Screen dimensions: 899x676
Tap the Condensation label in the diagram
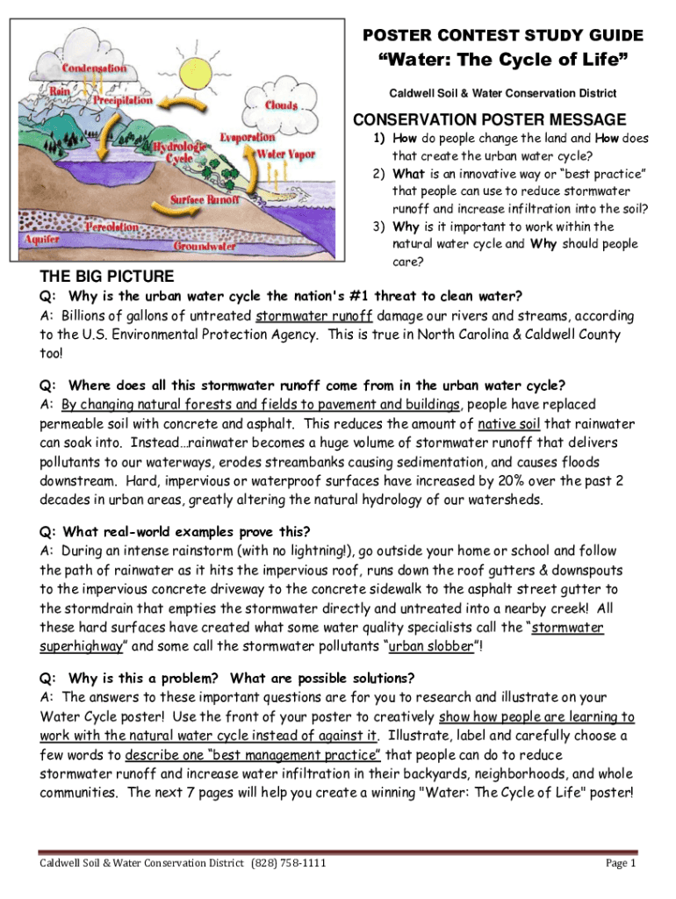tap(93, 68)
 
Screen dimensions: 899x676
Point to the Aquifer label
tap(42, 238)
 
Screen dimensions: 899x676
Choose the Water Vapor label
tap(285, 155)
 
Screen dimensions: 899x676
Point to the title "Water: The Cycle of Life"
tap(502, 62)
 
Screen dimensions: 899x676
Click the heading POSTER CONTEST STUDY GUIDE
tap(503, 36)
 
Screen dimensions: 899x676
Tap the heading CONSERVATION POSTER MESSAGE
tap(489, 119)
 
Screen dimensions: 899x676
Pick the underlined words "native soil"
tap(510, 423)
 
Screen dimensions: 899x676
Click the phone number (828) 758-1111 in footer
tap(289, 864)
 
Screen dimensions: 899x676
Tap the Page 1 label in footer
tap(620, 864)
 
